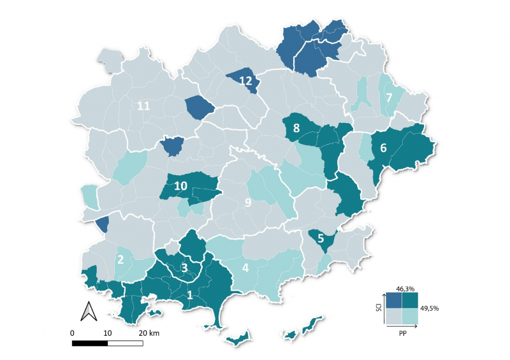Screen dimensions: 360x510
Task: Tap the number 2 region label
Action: coord(120,259)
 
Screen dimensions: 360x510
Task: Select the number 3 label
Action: coord(185,268)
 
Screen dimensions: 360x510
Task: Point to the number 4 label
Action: coord(245,268)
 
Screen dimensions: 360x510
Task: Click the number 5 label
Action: coord(321,240)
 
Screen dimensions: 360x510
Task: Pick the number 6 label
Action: coord(383,147)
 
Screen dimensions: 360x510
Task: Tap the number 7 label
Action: coord(388,97)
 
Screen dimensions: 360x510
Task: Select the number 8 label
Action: coord(296,128)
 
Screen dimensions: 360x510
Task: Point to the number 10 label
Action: coord(180,186)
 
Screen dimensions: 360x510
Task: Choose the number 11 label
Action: coord(143,106)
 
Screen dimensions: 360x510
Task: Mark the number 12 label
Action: coord(245,80)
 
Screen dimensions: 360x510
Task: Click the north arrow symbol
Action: coord(88,312)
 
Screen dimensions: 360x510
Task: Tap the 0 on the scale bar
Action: coord(73,333)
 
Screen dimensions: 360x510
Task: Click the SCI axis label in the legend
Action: coord(379,308)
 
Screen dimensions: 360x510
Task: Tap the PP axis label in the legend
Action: coord(402,331)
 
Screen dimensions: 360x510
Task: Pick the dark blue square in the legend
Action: coord(393,300)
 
